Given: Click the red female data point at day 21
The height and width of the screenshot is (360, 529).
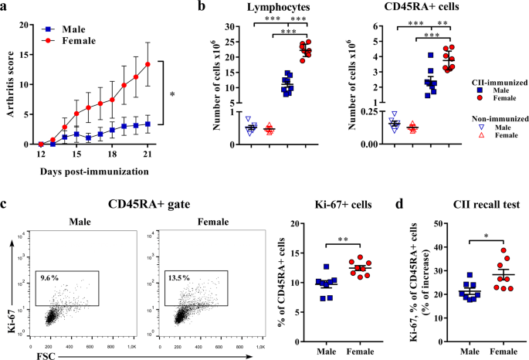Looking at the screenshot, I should click(x=147, y=64).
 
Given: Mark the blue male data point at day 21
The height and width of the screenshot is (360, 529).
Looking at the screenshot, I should click(x=147, y=123).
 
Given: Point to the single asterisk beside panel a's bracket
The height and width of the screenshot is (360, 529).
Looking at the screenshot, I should click(x=172, y=94).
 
